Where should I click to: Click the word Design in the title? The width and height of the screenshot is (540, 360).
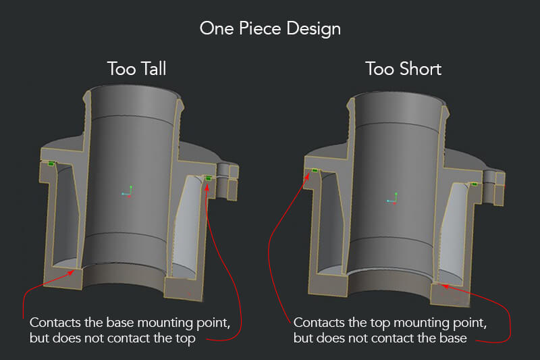(314, 29)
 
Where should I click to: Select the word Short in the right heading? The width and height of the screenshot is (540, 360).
(420, 68)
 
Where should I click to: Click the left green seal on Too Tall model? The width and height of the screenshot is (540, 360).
(51, 163)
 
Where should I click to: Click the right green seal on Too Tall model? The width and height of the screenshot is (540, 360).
(208, 178)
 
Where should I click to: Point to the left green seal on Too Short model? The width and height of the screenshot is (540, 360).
(315, 170)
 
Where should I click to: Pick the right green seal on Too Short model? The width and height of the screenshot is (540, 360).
(475, 184)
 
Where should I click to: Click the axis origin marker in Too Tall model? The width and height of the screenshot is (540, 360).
(127, 192)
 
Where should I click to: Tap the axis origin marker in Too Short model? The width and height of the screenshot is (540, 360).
(392, 199)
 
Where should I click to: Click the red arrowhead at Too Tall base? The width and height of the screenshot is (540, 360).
(71, 273)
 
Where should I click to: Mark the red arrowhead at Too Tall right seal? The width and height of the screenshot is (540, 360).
(207, 187)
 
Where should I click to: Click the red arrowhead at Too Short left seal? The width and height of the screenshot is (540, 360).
(306, 176)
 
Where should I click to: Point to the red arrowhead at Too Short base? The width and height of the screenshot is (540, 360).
(445, 286)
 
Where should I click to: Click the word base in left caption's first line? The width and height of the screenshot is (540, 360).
(120, 323)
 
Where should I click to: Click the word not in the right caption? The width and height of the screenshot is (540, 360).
(358, 338)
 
